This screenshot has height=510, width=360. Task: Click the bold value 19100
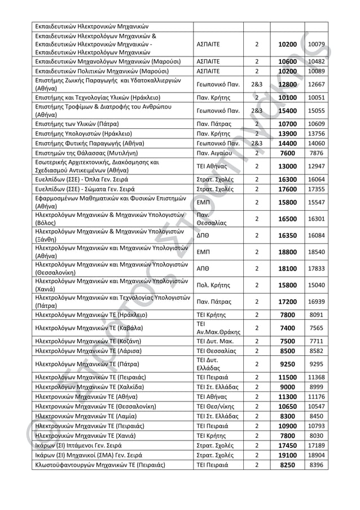tap(287, 455)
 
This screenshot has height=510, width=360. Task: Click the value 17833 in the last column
tap(317, 269)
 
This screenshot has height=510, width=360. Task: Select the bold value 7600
tap(287, 152)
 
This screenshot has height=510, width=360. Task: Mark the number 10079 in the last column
tap(317, 43)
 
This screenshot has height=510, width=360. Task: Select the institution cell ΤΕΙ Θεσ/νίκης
tap(216, 406)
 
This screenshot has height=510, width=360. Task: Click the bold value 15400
tap(287, 111)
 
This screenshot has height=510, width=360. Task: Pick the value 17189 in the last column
tap(317, 446)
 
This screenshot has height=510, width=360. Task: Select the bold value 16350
tap(287, 235)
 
